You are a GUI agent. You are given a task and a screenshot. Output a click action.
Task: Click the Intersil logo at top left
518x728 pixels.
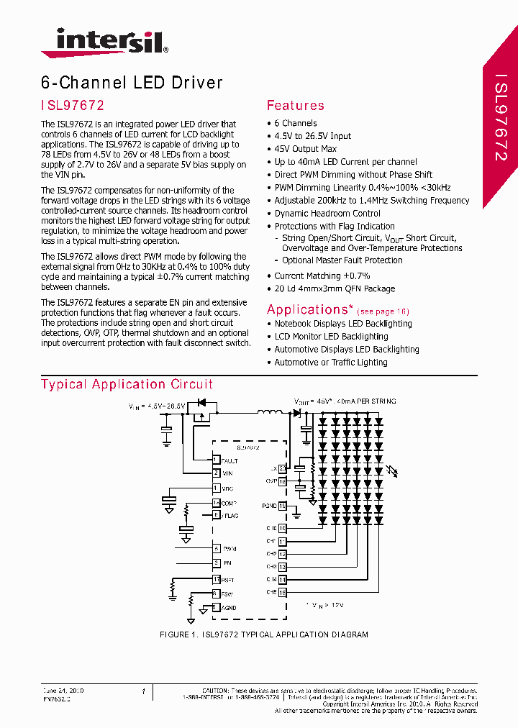104,42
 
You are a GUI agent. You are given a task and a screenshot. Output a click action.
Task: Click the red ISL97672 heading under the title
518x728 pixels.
73,105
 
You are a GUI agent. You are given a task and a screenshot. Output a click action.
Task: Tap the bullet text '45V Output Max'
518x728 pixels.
305,149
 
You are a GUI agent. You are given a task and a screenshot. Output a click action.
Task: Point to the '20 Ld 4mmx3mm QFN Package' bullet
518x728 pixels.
335,288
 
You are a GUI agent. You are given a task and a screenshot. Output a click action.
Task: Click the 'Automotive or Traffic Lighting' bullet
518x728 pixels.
330,363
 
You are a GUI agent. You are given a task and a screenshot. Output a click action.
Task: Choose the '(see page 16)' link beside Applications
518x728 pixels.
383,311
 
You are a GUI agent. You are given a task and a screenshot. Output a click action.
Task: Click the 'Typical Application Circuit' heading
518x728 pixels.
127,384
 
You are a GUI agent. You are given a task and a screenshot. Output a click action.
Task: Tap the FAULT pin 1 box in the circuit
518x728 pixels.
216,460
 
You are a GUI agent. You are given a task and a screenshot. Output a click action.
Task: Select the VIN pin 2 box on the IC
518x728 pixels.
216,473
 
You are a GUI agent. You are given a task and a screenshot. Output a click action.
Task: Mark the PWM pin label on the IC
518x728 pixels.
230,548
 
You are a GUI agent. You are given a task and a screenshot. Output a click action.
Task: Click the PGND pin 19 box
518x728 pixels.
282,506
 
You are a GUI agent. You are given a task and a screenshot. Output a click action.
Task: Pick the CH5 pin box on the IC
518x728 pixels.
282,592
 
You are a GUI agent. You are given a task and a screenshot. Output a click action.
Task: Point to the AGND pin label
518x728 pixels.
229,608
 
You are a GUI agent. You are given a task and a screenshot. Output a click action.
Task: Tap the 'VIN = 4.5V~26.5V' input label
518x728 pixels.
157,406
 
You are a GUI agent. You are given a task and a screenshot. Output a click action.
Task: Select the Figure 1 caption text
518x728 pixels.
263,634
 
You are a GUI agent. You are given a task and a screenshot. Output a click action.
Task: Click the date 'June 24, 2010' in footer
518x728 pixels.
63,691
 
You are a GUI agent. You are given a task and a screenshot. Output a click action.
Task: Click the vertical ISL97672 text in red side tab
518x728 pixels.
501,115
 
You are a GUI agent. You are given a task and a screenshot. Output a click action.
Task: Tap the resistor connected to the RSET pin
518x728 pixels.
173,588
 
